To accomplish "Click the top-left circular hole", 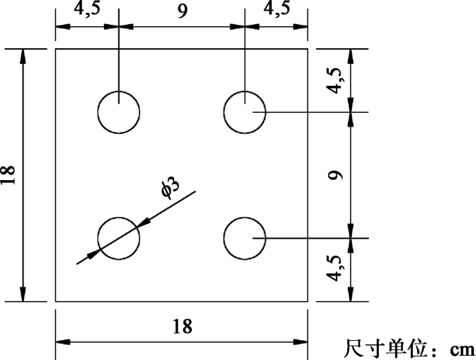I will coord(118,112).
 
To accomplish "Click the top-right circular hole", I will coord(244,112).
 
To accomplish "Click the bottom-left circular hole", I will coord(118,237).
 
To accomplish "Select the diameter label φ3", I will coord(170,188).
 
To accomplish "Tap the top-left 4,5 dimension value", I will coord(86,12).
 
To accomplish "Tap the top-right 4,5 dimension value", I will coord(276,12).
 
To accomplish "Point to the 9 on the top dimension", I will coord(183,12).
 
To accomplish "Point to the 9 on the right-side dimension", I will coord(336,174).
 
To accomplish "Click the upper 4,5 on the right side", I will coord(337,80).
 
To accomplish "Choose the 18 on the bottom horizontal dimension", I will coord(182,327).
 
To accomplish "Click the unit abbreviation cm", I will coord(460,349).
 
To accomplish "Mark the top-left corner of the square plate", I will coord(56,49).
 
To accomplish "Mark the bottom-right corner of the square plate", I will coord(308,301).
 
